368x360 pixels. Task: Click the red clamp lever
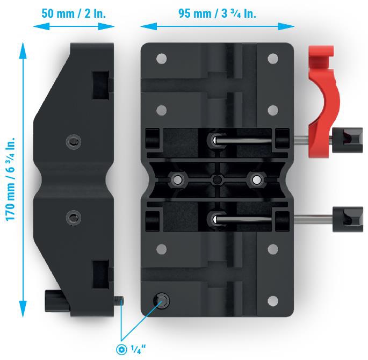pyautogui.click(x=323, y=101)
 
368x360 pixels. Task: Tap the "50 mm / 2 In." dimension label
pyautogui.click(x=74, y=13)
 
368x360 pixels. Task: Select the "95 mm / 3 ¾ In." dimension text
pyautogui.click(x=217, y=13)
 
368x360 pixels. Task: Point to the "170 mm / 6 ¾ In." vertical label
pyautogui.click(x=11, y=179)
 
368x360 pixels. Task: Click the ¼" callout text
pyautogui.click(x=138, y=349)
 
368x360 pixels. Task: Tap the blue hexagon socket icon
pyautogui.click(x=121, y=349)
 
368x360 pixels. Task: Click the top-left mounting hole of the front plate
pyautogui.click(x=162, y=59)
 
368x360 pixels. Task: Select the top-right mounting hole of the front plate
pyautogui.click(x=273, y=59)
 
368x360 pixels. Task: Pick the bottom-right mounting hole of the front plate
pyautogui.click(x=273, y=301)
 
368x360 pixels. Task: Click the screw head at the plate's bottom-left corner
pyautogui.click(x=162, y=301)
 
